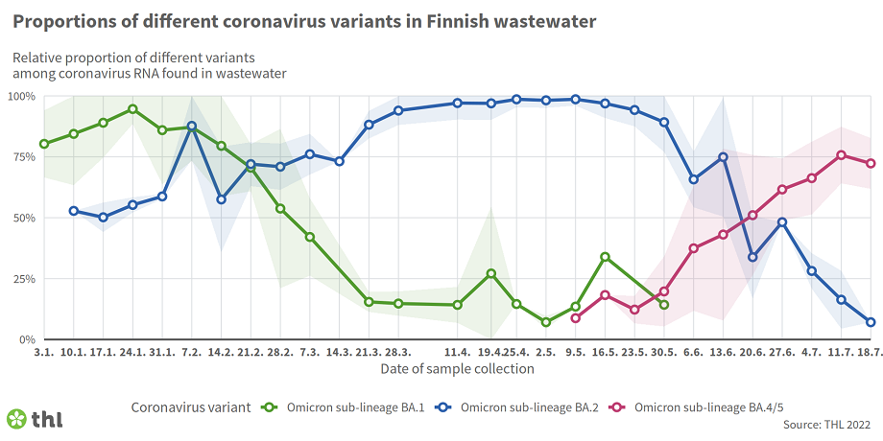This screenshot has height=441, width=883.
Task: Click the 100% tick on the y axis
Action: [21, 97]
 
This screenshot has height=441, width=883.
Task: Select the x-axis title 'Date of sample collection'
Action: [458, 368]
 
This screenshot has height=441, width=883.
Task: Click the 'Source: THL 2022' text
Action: [827, 424]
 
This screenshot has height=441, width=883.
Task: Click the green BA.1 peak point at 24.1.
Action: [132, 109]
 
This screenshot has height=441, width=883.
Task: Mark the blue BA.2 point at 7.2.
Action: [192, 127]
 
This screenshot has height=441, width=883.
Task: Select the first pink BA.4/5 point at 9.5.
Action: [575, 318]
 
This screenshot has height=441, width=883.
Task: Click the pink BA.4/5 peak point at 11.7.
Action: [841, 155]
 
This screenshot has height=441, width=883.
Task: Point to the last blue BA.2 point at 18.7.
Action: [871, 322]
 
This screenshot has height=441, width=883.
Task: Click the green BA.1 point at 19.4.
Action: [491, 273]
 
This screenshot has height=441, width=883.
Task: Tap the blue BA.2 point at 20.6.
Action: [752, 257]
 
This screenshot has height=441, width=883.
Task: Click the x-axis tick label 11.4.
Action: [458, 353]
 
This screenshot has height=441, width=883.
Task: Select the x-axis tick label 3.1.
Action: [44, 353]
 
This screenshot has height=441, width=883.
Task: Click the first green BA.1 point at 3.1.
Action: [44, 144]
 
